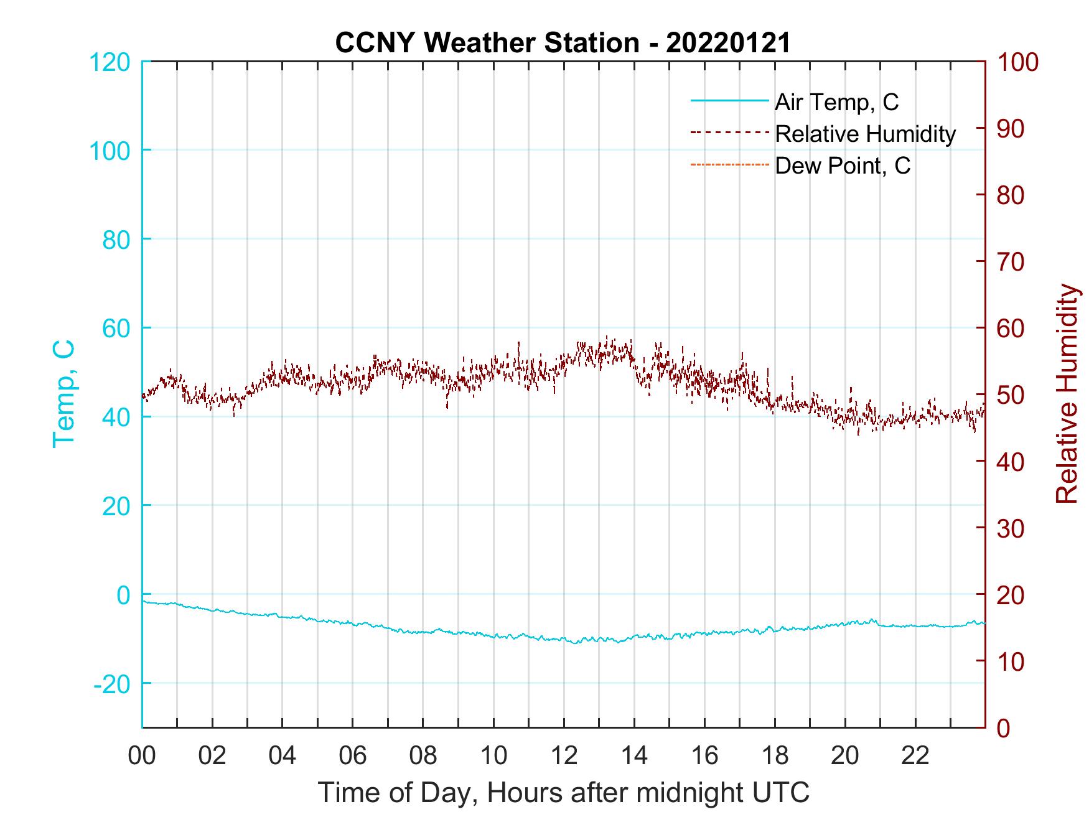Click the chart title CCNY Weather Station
point(487,43)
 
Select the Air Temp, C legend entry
point(836,101)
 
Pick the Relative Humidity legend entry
point(865,134)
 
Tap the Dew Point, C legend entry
point(842,166)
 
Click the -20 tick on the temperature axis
point(112,684)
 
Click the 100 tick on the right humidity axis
point(1017,62)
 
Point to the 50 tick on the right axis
point(1011,395)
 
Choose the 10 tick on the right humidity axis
point(1011,661)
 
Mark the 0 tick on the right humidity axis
point(1004,728)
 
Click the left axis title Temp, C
point(63,393)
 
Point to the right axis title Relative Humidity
point(1067,393)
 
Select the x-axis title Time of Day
point(563,792)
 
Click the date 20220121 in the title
point(728,43)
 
